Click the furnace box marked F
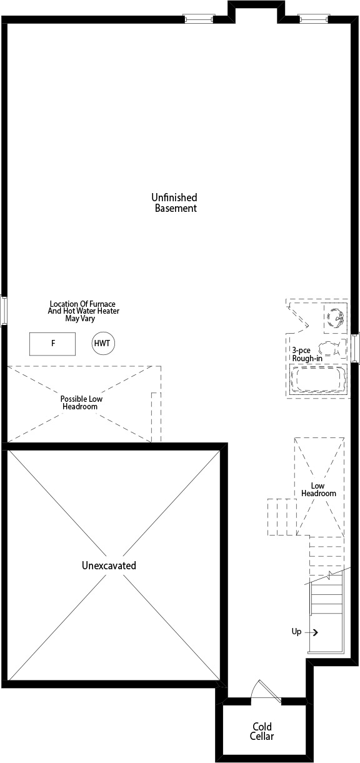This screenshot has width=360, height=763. point(52,344)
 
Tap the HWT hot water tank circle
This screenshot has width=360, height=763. point(103,343)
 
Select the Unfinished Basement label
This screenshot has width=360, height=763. point(174,202)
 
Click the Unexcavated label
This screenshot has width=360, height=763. point(109,566)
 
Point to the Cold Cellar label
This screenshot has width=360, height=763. point(262,731)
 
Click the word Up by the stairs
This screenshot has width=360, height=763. point(296,632)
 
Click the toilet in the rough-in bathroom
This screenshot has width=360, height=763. point(329,349)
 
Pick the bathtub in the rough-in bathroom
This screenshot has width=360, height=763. point(318,380)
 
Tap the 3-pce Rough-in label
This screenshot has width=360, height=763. point(307,354)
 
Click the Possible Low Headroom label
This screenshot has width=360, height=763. point(81,402)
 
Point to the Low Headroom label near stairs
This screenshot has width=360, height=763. point(319,489)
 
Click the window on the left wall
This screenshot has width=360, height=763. point(3,311)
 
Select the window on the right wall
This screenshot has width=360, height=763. point(355,347)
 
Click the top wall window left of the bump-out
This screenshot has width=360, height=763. point(199,18)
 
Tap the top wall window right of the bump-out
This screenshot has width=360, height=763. point(314,18)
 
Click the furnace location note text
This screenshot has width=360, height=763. point(84,311)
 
